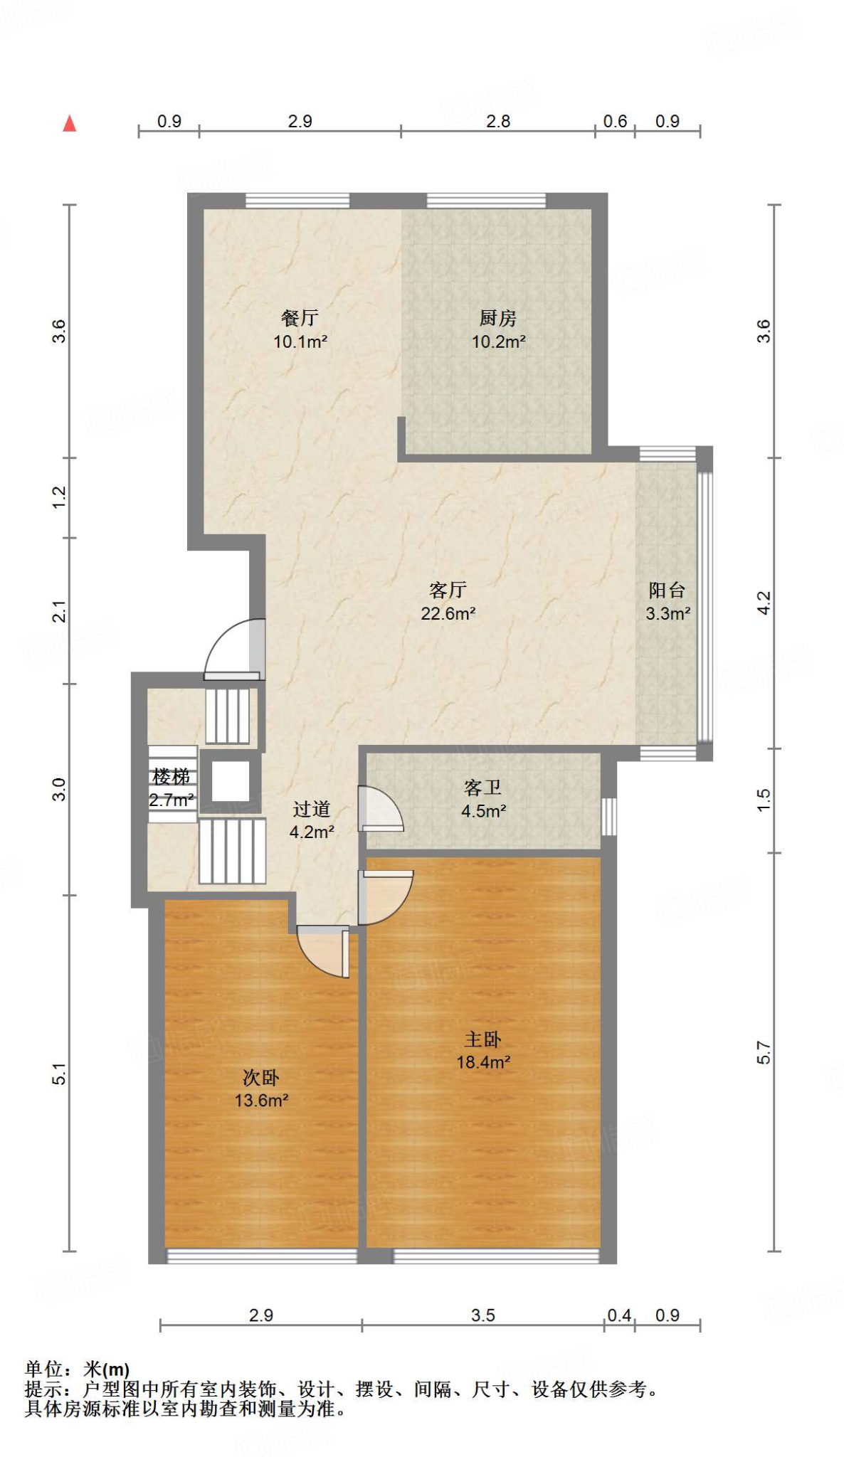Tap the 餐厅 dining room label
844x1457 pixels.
[300, 318]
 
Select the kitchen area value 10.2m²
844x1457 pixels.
[498, 341]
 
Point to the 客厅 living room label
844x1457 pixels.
[448, 590]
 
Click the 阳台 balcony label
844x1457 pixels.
[667, 590]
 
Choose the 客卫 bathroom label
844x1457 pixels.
[482, 788]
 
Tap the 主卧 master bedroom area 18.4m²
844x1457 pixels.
[483, 1062]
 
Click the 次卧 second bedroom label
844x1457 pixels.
[261, 1078]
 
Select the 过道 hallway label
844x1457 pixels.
[312, 809]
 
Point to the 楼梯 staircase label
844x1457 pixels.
[171, 776]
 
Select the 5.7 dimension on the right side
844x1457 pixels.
[764, 1052]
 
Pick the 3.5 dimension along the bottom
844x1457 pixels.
[482, 1315]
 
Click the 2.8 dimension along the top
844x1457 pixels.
[498, 122]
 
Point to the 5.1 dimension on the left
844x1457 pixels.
[60, 1074]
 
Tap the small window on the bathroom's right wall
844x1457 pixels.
[609, 816]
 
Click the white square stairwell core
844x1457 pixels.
[231, 781]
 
